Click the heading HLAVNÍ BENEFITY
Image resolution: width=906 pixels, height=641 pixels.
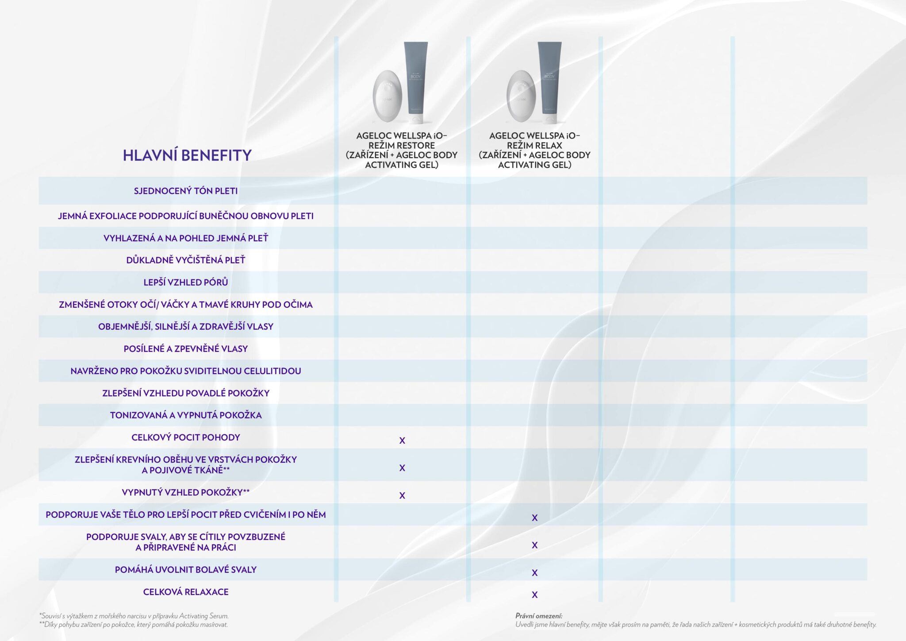[187, 155]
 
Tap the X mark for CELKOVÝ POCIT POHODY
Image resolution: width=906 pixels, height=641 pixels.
[402, 440]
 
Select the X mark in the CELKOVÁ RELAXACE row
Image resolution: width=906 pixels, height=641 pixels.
[534, 595]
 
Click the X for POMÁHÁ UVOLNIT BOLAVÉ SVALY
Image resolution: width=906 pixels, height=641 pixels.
[534, 573]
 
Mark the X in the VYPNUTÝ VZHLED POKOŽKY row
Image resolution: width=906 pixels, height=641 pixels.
[402, 495]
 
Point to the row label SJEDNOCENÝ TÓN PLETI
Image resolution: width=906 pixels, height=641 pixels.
[186, 191]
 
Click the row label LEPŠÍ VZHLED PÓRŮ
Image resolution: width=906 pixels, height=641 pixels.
[186, 282]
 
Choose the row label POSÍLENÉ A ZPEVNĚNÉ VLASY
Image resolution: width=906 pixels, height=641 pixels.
[186, 349]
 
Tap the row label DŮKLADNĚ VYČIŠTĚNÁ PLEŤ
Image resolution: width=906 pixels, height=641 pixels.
[186, 260]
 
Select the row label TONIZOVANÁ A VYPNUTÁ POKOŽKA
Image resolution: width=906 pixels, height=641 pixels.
[186, 415]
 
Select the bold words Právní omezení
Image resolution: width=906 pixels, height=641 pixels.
[539, 616]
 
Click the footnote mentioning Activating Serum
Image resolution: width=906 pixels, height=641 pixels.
[134, 616]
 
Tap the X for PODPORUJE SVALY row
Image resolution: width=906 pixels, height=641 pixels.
[534, 545]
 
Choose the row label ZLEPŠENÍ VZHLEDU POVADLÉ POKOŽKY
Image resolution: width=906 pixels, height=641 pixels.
[186, 393]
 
